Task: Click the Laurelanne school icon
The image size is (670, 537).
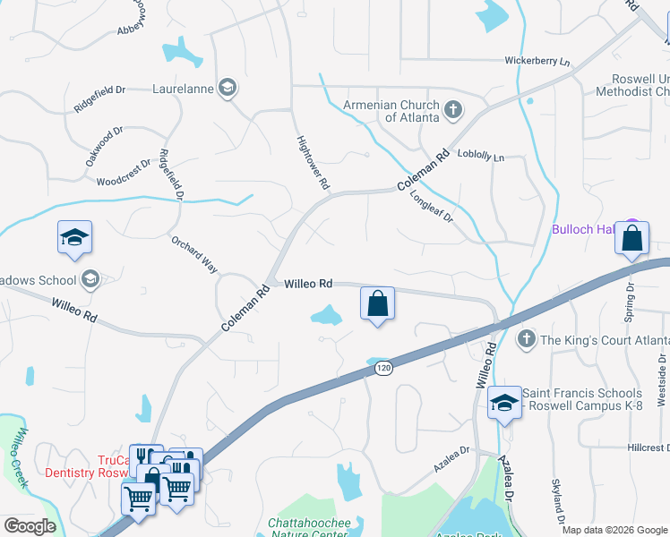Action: (228, 88)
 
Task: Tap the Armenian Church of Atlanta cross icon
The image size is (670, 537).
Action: (454, 110)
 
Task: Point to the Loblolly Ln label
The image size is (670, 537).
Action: (481, 157)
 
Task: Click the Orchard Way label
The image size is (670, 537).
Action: (194, 254)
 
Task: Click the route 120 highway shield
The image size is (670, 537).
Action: (383, 368)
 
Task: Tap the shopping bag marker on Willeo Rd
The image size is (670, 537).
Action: (378, 303)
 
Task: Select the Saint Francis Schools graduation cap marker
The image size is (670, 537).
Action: (504, 403)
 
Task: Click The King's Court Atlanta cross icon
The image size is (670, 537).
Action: (527, 338)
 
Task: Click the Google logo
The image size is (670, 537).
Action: (30, 525)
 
